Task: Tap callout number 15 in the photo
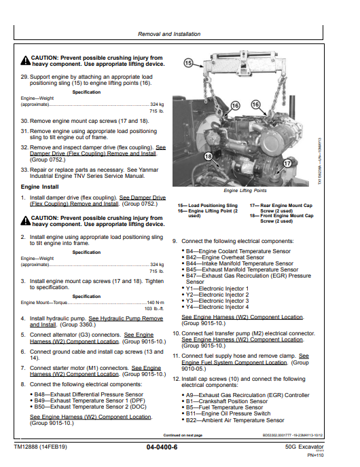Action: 190,62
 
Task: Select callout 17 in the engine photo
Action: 287,163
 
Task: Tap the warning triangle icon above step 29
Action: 25,59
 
